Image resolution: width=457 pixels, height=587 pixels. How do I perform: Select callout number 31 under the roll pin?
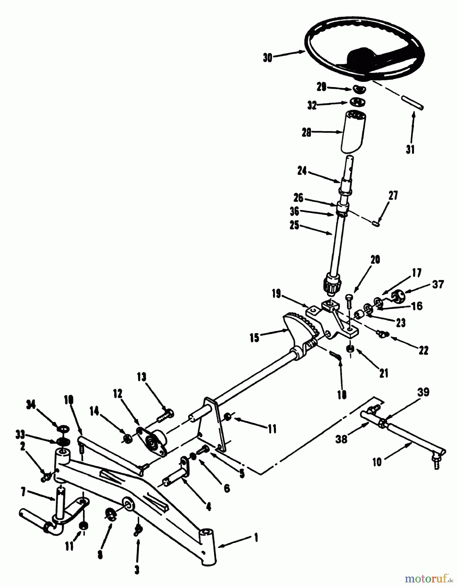410,149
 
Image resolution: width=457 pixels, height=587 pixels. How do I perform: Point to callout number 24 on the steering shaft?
302,171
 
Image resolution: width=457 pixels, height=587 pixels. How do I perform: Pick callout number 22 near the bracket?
422,351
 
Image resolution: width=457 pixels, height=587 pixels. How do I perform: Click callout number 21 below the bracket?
384,373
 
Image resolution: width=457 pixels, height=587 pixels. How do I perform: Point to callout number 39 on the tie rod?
423,392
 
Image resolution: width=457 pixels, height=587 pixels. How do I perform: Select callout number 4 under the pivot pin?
209,506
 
